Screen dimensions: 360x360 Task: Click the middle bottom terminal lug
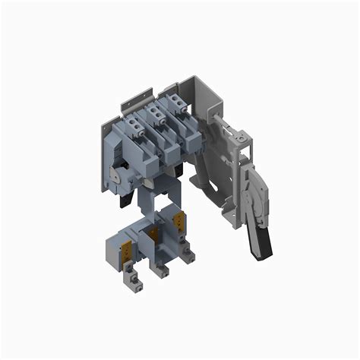(x=162, y=270)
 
